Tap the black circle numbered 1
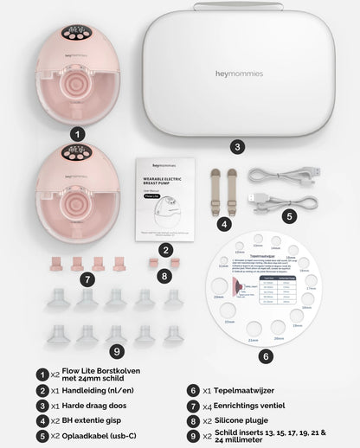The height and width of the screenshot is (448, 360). click(77, 134)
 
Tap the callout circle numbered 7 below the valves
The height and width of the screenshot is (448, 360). click(87, 278)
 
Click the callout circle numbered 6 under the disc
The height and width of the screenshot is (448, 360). click(267, 355)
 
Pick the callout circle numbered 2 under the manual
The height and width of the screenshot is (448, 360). click(166, 250)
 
